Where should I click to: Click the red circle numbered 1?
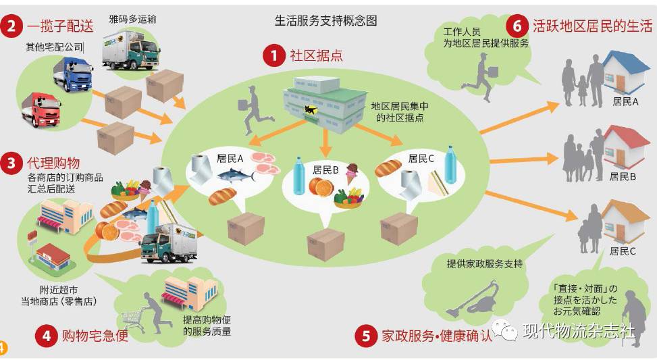(273, 55)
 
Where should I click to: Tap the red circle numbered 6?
(517, 26)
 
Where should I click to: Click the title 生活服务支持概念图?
(325, 20)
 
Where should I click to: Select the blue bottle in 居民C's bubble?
(450, 164)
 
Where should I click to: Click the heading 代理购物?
(53, 163)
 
